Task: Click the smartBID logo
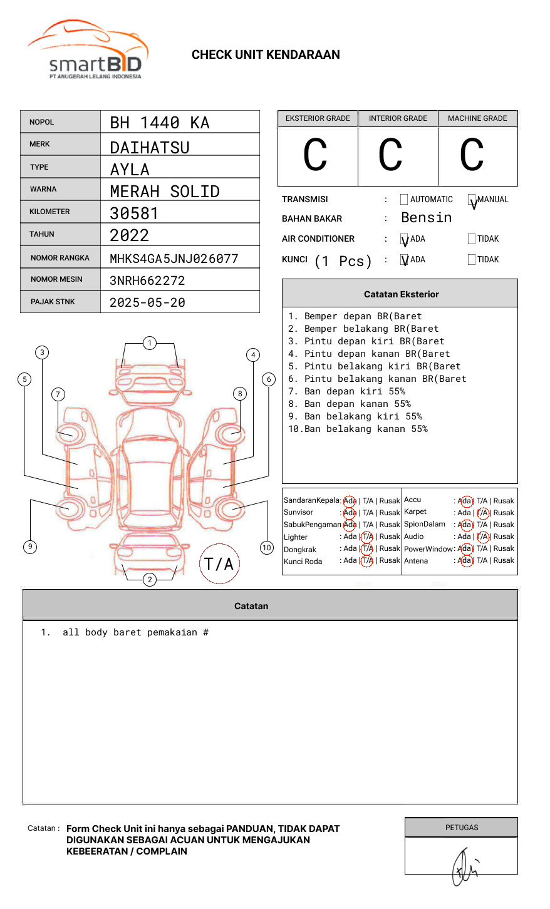pyautogui.click(x=88, y=50)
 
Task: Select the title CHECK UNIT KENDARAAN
pyautogui.click(x=266, y=55)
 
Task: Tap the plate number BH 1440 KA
pyautogui.click(x=160, y=123)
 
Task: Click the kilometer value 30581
pyautogui.click(x=134, y=213)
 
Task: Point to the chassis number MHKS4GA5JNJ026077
pyautogui.click(x=174, y=259)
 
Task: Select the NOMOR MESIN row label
pyautogui.click(x=56, y=279)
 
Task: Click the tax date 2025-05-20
pyautogui.click(x=147, y=302)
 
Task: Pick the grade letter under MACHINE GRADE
pyautogui.click(x=472, y=155)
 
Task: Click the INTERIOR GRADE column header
pyautogui.click(x=398, y=118)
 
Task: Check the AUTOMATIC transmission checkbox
pyautogui.click(x=404, y=200)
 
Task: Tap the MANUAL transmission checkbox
pyautogui.click(x=472, y=200)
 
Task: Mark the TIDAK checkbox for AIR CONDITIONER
pyautogui.click(x=472, y=239)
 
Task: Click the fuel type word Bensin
pyautogui.click(x=426, y=218)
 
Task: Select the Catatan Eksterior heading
pyautogui.click(x=401, y=294)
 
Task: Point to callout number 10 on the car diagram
pyautogui.click(x=267, y=548)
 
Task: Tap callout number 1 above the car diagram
pyautogui.click(x=149, y=343)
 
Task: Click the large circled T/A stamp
pyautogui.click(x=219, y=563)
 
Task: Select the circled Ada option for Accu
pyautogui.click(x=465, y=501)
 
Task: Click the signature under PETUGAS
pyautogui.click(x=464, y=866)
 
